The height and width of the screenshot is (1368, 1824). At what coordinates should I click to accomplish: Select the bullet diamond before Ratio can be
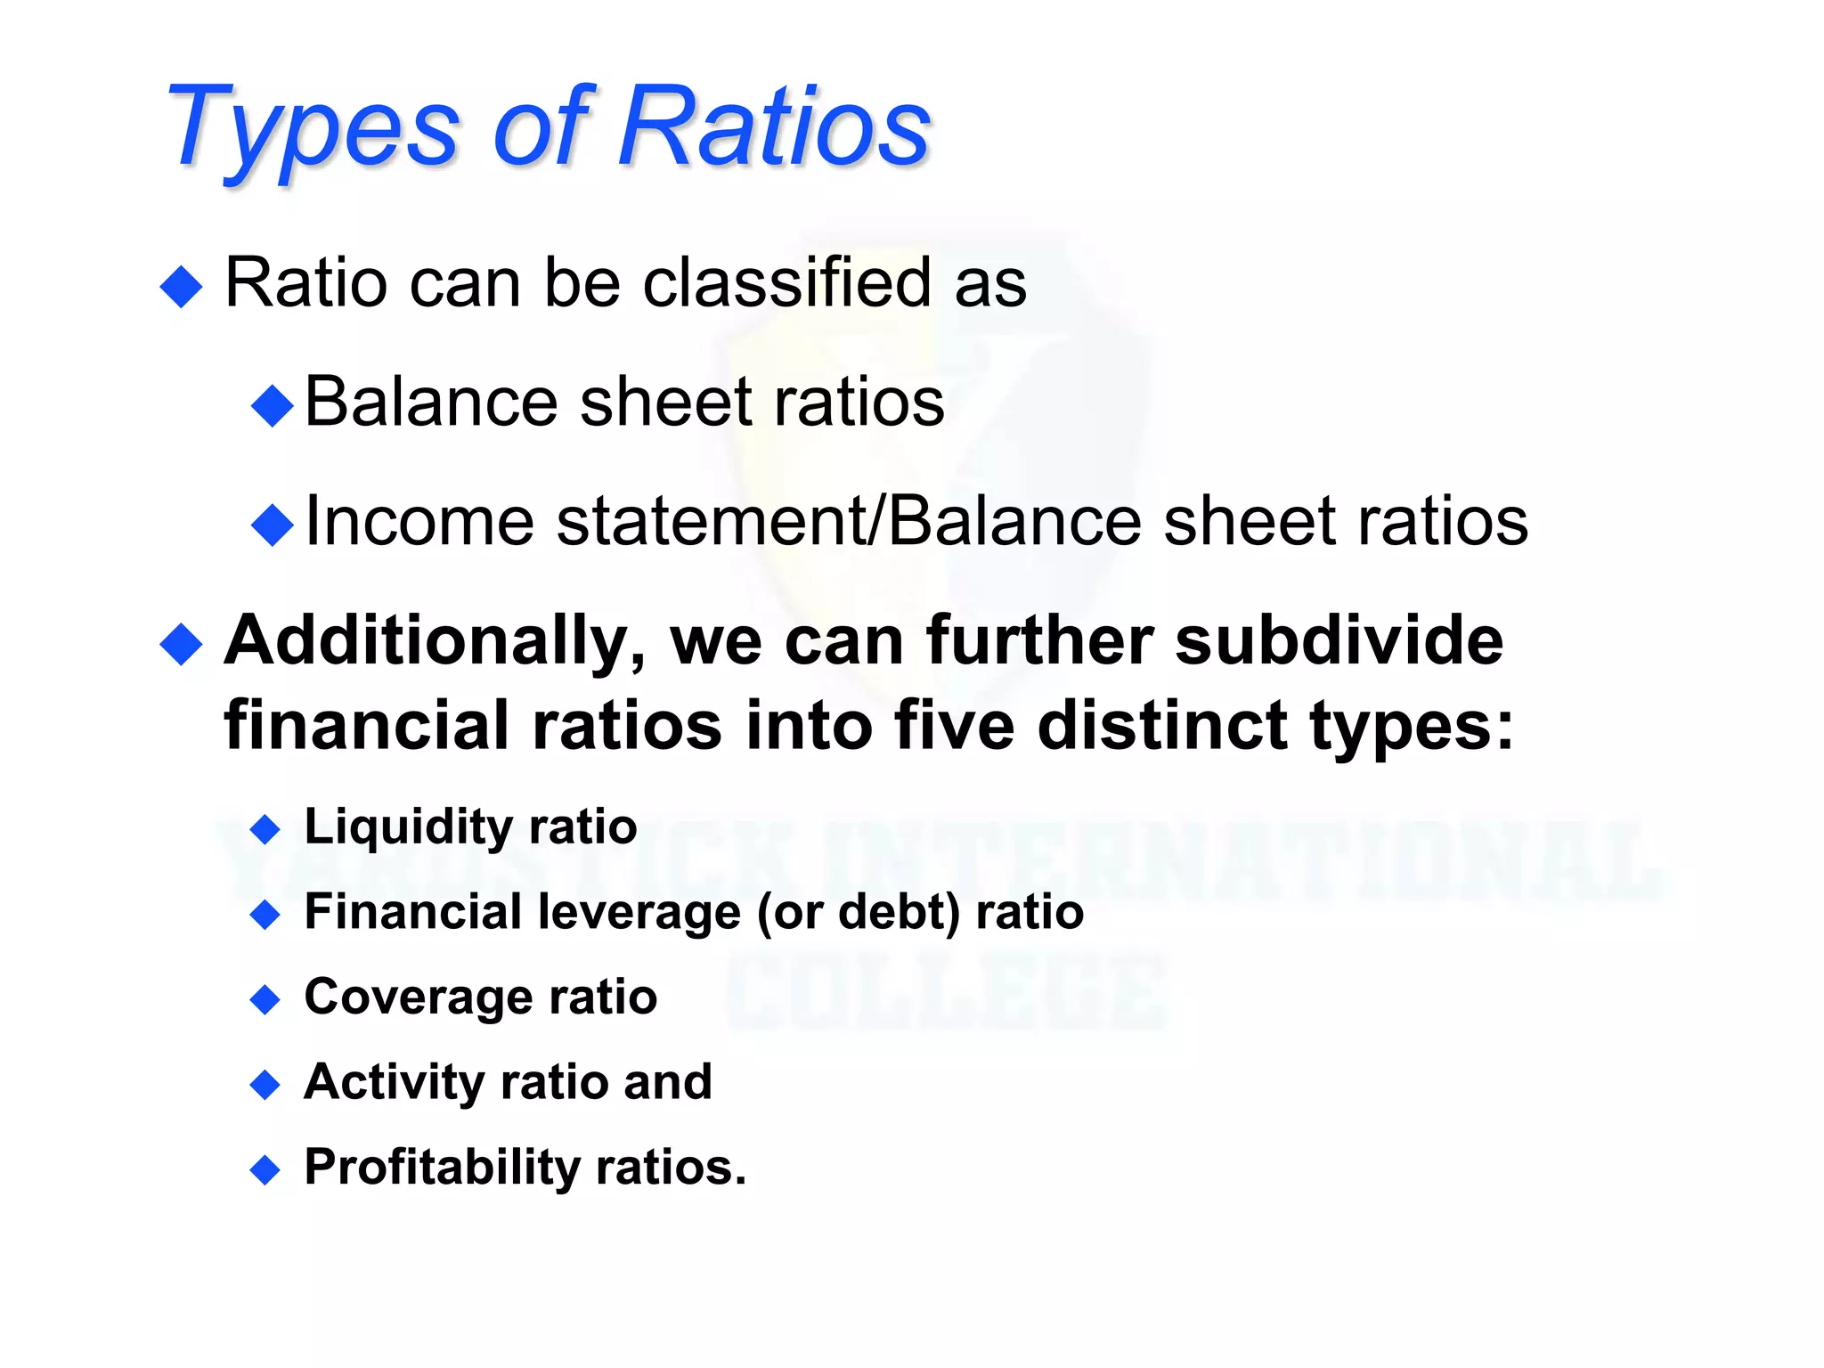coord(183,287)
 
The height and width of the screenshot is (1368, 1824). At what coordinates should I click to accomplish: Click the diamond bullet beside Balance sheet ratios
coord(273,406)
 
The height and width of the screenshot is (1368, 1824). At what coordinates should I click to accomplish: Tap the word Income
coord(419,521)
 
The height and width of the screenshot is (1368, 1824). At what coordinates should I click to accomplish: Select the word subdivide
coord(1339,641)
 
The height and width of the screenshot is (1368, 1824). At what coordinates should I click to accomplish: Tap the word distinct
coord(1162,726)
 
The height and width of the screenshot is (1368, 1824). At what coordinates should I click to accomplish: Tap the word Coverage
coord(418,997)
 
